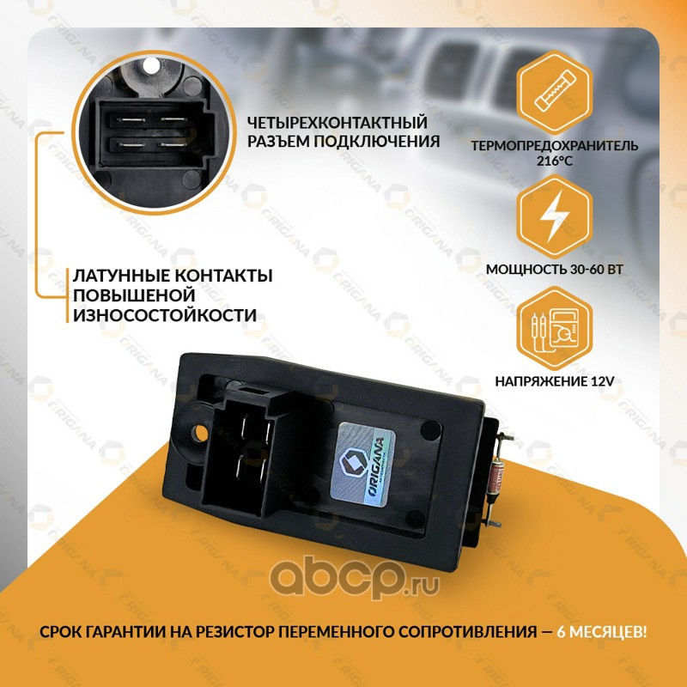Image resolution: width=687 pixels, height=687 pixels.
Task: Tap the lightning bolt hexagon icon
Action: (x=554, y=216)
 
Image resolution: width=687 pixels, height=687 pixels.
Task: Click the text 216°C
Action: (x=555, y=161)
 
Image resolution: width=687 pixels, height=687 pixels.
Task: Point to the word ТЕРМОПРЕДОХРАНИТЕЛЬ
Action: (x=555, y=145)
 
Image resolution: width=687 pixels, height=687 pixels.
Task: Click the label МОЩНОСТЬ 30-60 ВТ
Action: (x=554, y=269)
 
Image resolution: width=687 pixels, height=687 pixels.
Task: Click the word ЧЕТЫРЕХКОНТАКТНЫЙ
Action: (x=337, y=123)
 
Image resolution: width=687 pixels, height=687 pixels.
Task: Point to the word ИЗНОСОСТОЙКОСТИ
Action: (x=165, y=315)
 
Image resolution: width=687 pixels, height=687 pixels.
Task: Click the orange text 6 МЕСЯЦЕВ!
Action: (x=601, y=632)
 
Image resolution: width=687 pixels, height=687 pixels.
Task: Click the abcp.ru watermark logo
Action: (x=354, y=576)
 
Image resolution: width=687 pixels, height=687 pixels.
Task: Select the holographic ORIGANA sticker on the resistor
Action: (x=362, y=465)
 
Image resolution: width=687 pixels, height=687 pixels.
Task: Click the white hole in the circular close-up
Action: (x=151, y=66)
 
